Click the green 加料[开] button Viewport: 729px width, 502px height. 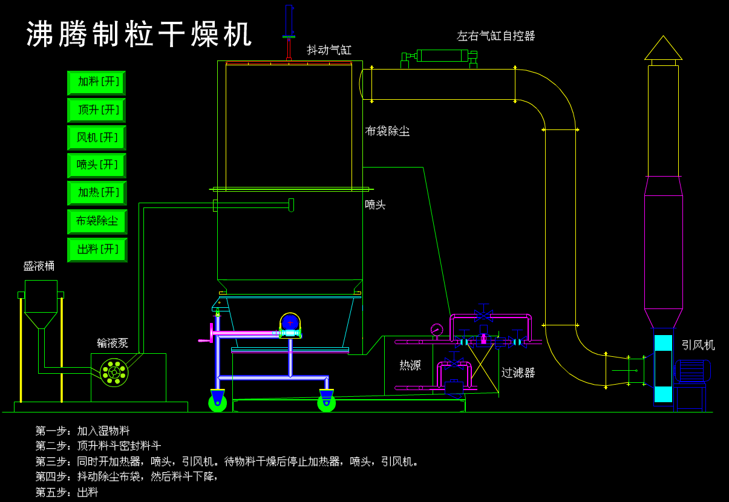coord(97,82)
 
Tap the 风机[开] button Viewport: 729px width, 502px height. coord(97,138)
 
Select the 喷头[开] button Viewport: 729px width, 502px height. coord(97,165)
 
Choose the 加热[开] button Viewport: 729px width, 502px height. coord(97,193)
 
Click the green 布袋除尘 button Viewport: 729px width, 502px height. coord(97,221)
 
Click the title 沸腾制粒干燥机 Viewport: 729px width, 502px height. coord(139,34)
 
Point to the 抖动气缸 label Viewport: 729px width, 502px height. coord(329,50)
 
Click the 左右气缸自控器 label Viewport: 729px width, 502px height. coord(495,36)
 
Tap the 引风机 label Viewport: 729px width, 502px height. coord(698,345)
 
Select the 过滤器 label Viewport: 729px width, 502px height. coord(518,373)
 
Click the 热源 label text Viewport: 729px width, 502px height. coord(410,365)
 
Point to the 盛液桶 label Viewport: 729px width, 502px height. coord(39,266)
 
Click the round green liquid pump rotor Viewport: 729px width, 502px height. coord(114,372)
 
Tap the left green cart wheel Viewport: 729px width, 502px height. coord(218,402)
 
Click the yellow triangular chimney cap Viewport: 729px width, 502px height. coord(663,50)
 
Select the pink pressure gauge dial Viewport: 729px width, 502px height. coord(436,330)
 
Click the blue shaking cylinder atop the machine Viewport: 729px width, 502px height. coord(289,21)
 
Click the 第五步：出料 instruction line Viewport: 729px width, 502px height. coord(67,492)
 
